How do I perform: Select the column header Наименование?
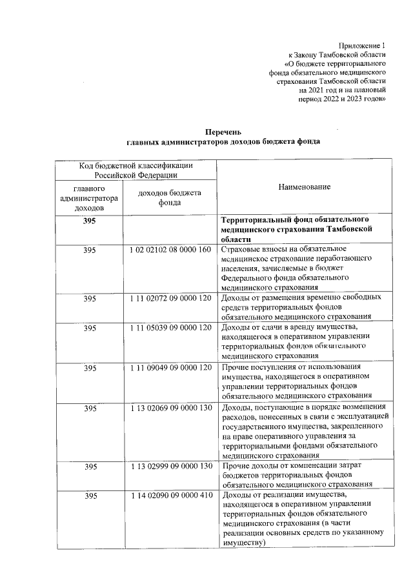[x=304, y=186]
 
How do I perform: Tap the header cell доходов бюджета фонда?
[x=170, y=197]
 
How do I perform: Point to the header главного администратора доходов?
[x=90, y=198]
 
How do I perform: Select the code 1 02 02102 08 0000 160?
[x=170, y=249]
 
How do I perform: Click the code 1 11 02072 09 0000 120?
[x=170, y=297]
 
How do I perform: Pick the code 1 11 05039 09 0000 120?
[x=170, y=327]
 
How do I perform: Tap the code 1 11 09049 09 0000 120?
[x=170, y=367]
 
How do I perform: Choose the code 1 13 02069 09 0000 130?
[x=170, y=408]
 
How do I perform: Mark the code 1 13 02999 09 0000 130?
[x=170, y=465]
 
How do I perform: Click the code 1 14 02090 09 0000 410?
[x=170, y=495]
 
